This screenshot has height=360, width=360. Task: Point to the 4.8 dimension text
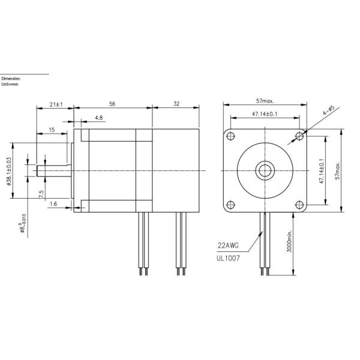tap(98, 118)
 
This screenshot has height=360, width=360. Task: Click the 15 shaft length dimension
tap(52, 130)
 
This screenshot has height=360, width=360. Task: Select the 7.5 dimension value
tap(41, 194)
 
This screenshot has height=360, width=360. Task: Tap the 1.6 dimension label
tap(53, 204)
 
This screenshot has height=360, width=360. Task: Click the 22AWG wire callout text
tap(227, 245)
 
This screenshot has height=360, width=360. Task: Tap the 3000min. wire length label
tap(290, 244)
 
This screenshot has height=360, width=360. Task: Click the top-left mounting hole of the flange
tap(231, 136)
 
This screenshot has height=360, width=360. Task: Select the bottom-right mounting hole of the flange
tap(299, 204)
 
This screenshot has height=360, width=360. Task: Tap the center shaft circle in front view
tap(265, 170)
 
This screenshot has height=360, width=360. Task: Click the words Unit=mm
tap(11, 84)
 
